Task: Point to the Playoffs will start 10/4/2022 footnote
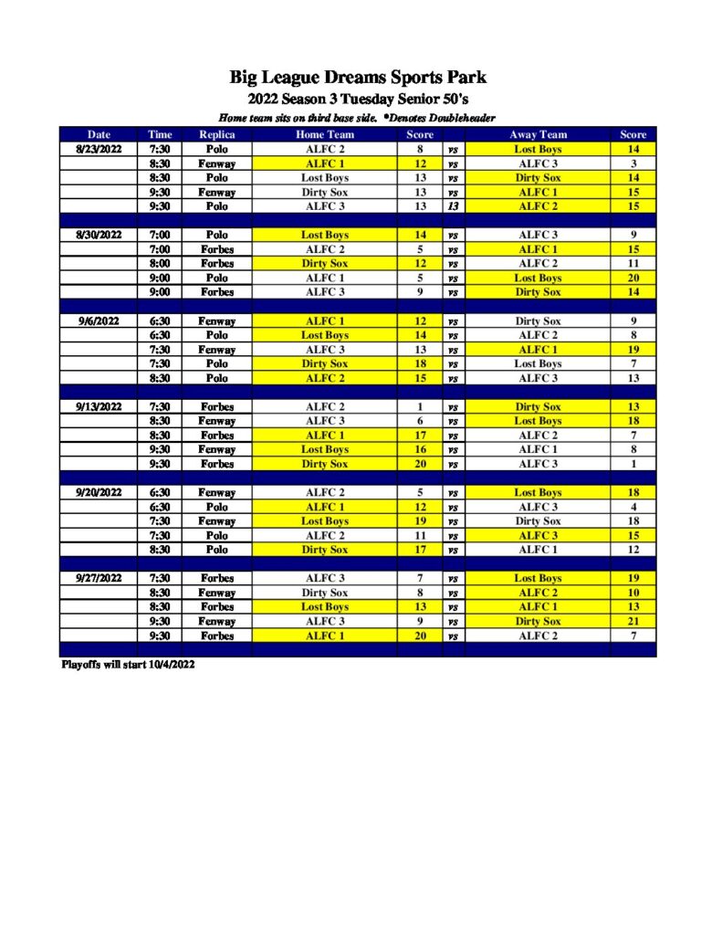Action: [x=128, y=665]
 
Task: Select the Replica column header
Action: [x=216, y=134]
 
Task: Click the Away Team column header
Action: [x=538, y=134]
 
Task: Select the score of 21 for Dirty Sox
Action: [x=633, y=621]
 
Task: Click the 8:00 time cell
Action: [x=159, y=263]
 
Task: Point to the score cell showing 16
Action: [x=420, y=449]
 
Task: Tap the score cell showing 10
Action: [x=633, y=593]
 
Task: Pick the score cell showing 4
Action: [x=633, y=507]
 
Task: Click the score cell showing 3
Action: [x=633, y=163]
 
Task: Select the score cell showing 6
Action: [x=420, y=421]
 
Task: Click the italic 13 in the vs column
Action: [x=453, y=206]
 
